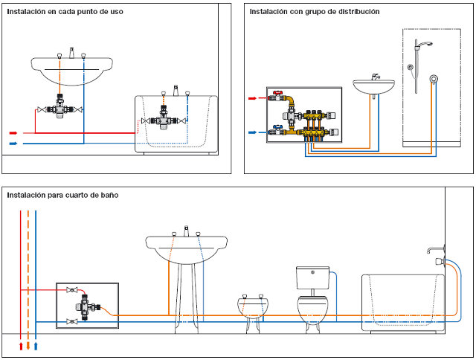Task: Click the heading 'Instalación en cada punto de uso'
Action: (x=65, y=12)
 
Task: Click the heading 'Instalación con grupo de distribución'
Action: (x=315, y=12)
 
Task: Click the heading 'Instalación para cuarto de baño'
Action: (x=62, y=195)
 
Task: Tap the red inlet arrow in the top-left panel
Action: (x=13, y=133)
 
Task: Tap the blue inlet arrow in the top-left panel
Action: (x=13, y=144)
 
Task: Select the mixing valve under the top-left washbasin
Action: (x=60, y=107)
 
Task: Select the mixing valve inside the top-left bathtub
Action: (x=164, y=119)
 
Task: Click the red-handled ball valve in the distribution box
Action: (x=277, y=96)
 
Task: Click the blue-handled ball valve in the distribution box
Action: (x=277, y=130)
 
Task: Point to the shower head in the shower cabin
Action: (x=425, y=45)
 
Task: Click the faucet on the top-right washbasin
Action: (x=376, y=77)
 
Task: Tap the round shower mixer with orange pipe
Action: (x=434, y=79)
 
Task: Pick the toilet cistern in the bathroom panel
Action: (x=312, y=277)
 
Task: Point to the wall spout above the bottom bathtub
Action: (x=435, y=250)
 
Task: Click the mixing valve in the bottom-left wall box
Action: (x=87, y=306)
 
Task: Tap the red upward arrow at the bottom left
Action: (x=21, y=346)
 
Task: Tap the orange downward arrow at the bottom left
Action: (x=28, y=346)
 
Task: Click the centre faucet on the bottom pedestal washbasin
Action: (x=187, y=231)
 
